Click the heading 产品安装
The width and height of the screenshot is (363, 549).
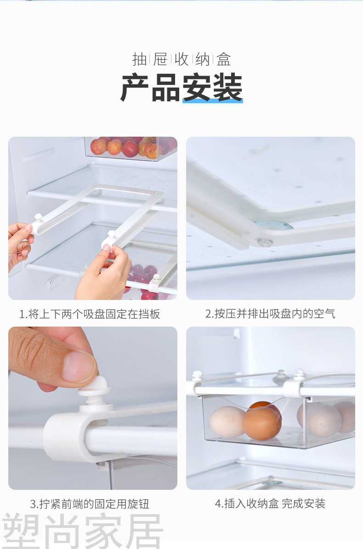(x=181, y=88)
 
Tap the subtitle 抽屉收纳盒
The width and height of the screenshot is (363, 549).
(x=181, y=59)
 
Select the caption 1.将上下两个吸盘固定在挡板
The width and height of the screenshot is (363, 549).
(x=90, y=314)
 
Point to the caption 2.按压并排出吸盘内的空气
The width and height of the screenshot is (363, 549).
(x=270, y=314)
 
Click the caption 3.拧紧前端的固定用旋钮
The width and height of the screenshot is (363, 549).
(x=90, y=504)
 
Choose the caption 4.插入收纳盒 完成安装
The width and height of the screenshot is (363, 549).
(x=270, y=504)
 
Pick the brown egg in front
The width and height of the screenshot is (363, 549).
(x=261, y=423)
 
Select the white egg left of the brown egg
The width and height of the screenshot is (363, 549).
(x=227, y=421)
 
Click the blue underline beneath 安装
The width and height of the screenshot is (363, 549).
(x=213, y=101)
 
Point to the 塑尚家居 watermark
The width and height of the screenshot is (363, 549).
(x=82, y=531)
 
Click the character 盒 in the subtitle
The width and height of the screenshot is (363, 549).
(x=224, y=59)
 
